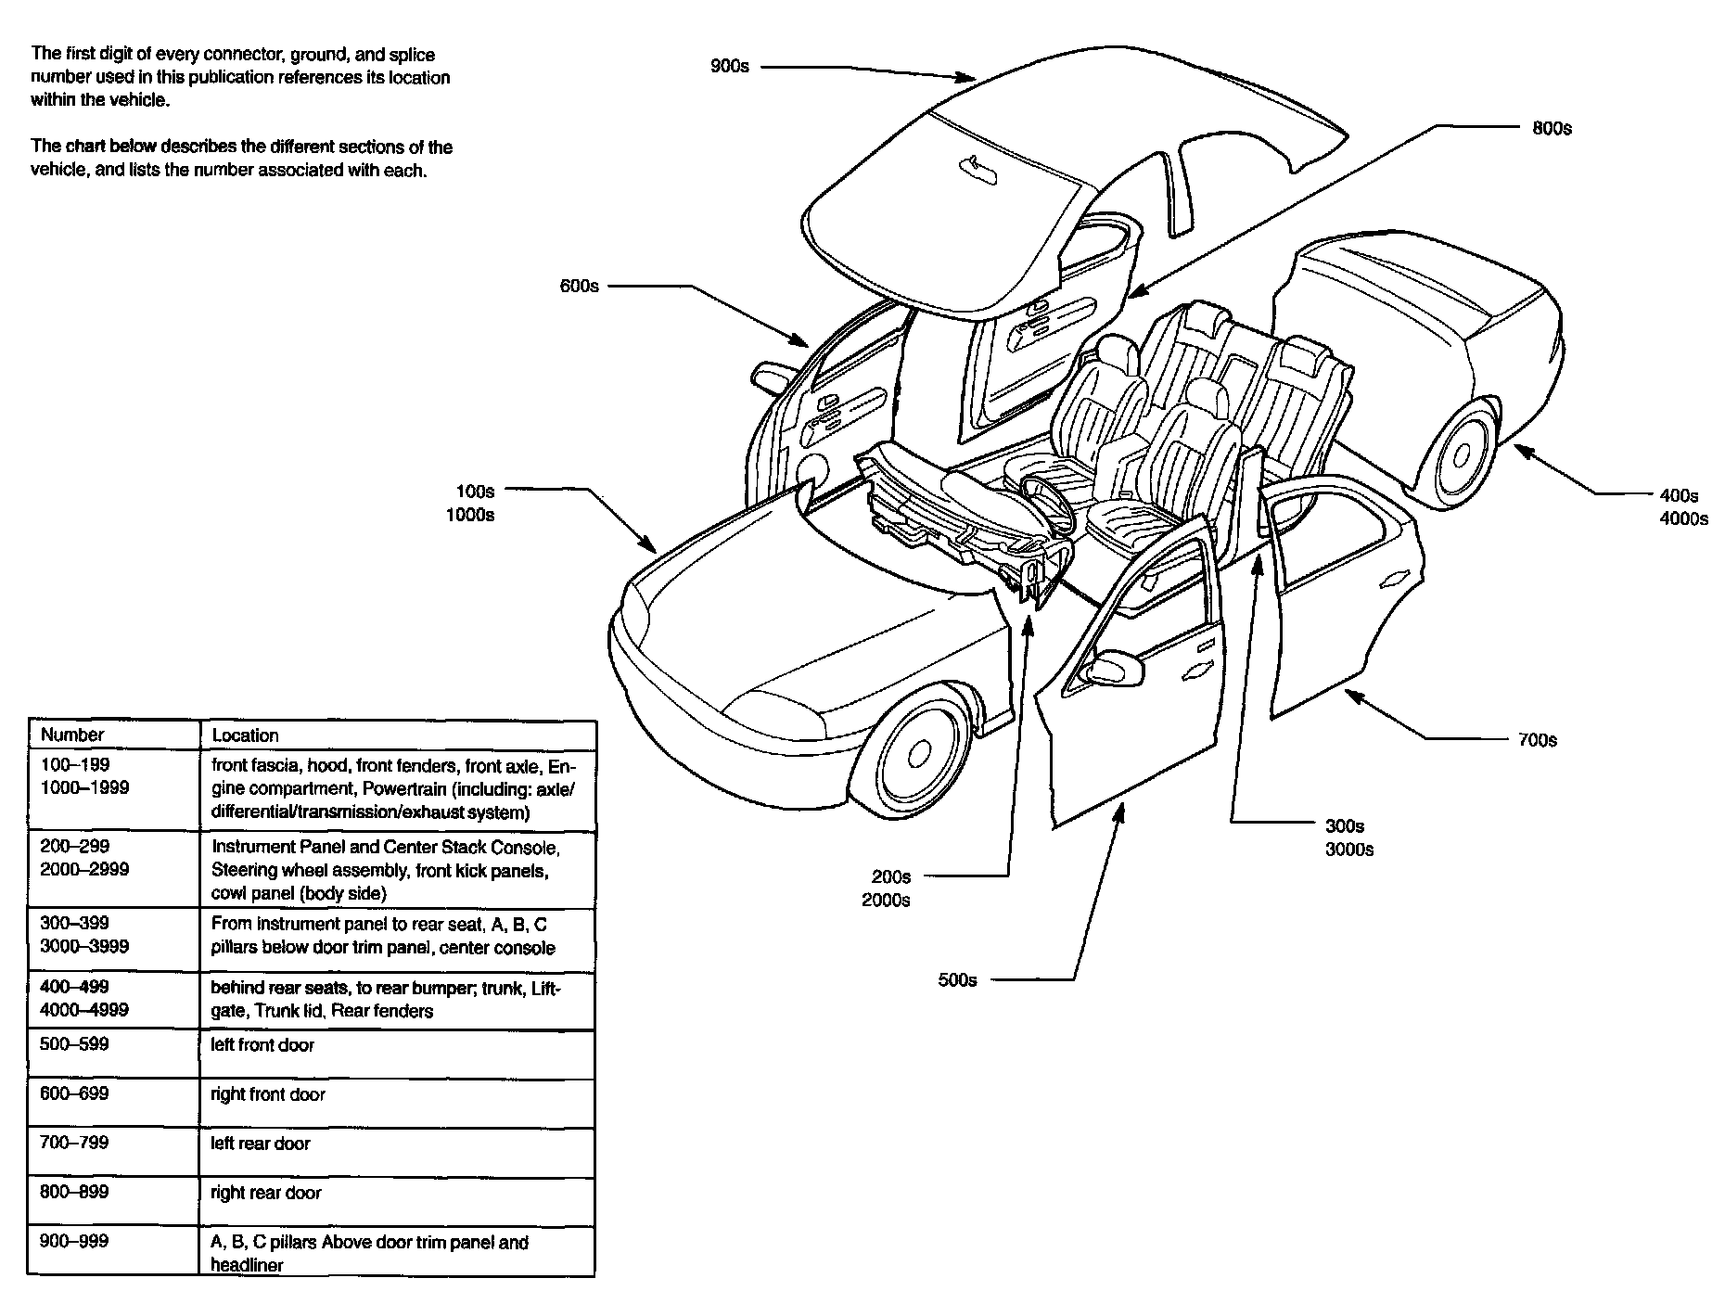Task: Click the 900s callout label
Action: pyautogui.click(x=729, y=67)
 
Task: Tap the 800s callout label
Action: pyautogui.click(x=1552, y=129)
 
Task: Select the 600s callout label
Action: pyautogui.click(x=579, y=287)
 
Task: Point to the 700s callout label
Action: pyautogui.click(x=1537, y=740)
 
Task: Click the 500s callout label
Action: pyautogui.click(x=957, y=980)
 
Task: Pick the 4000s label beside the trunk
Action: pyautogui.click(x=1683, y=519)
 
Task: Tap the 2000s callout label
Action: pyautogui.click(x=886, y=901)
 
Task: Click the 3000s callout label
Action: pyautogui.click(x=1349, y=850)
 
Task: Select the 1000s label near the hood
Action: pyautogui.click(x=470, y=515)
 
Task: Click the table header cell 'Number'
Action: pyautogui.click(x=72, y=735)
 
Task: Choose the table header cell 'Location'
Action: pyautogui.click(x=245, y=735)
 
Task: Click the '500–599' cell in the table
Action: pyautogui.click(x=74, y=1044)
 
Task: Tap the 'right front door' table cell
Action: pyautogui.click(x=268, y=1094)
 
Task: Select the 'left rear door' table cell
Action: pyautogui.click(x=261, y=1144)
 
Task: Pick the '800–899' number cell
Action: pyautogui.click(x=74, y=1192)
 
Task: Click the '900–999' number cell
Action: pyautogui.click(x=74, y=1242)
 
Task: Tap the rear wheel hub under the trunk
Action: pyautogui.click(x=1462, y=454)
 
